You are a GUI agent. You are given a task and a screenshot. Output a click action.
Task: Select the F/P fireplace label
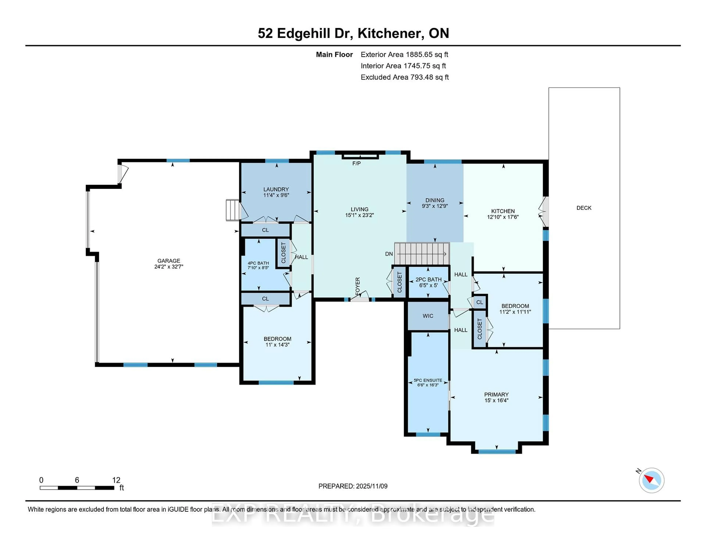356,164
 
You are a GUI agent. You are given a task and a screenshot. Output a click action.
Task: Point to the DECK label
584,208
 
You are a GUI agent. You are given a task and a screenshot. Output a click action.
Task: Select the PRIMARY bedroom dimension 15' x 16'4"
496,400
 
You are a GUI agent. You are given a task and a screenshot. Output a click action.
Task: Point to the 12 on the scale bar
116,480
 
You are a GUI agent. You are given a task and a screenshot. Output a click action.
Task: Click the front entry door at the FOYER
360,299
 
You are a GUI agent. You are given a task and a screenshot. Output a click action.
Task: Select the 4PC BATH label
258,263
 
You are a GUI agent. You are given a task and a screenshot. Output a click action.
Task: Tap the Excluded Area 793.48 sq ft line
404,77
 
